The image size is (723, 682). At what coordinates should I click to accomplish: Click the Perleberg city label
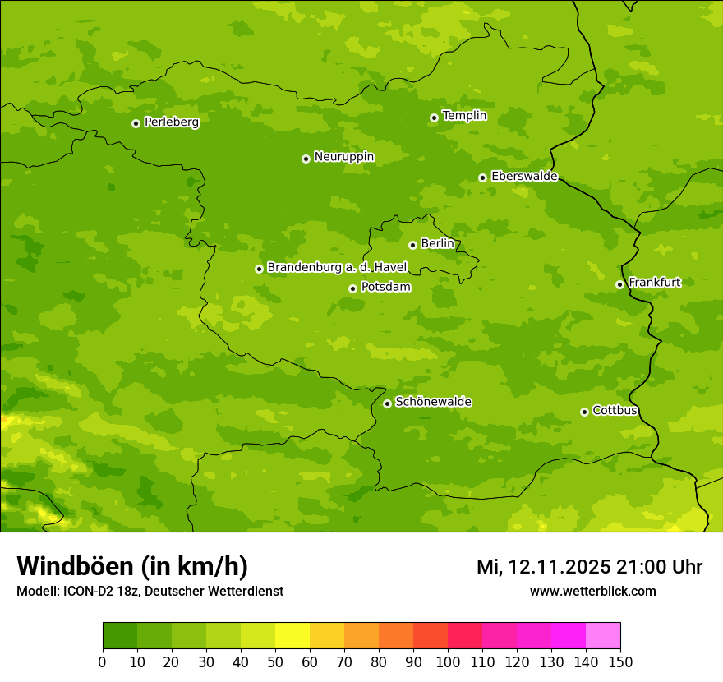tap(171, 122)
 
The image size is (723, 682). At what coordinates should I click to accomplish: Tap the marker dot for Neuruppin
tap(306, 159)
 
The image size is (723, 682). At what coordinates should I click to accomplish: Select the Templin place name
tap(464, 116)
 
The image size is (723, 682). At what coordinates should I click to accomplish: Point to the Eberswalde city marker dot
tap(482, 177)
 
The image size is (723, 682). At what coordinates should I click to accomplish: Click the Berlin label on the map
tap(437, 243)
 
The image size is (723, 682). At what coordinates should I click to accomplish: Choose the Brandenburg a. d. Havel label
tap(337, 268)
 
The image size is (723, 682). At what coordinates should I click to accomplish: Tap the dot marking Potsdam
tap(352, 288)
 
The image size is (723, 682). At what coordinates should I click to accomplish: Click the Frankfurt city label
tap(654, 283)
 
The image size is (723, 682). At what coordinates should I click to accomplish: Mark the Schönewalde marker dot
tap(387, 403)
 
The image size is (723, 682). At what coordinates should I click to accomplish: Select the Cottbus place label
tap(615, 410)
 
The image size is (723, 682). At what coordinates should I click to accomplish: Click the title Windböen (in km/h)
tap(132, 566)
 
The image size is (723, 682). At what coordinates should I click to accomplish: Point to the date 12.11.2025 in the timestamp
tap(559, 567)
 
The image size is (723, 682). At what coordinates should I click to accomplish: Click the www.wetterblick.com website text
tap(592, 591)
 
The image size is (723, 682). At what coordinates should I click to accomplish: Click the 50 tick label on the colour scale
tap(275, 662)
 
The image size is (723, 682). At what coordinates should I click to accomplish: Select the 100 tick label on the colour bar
tap(448, 662)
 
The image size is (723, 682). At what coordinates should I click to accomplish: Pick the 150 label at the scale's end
tap(620, 662)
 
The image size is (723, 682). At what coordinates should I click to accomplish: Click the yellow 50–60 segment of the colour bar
tap(292, 636)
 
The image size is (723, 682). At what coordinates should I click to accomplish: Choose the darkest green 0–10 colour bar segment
tap(120, 636)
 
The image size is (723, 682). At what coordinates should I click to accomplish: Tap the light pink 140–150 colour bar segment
tap(603, 636)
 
